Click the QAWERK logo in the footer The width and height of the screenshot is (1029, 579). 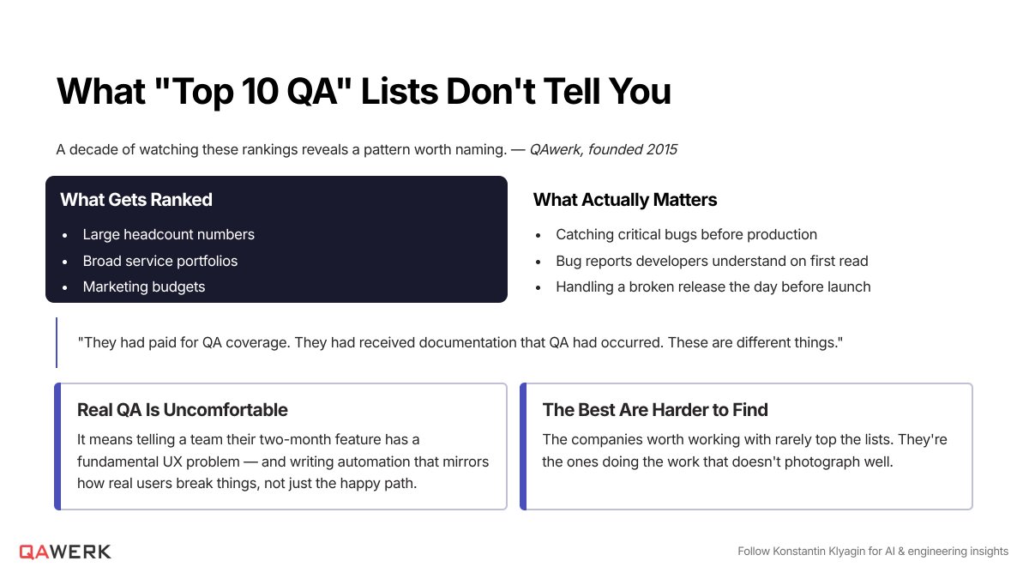click(65, 552)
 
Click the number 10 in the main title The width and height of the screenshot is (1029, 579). click(260, 91)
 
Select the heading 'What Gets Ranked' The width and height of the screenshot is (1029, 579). click(136, 200)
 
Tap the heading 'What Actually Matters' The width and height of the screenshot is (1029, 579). click(625, 200)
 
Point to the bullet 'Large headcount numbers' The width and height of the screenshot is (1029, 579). click(169, 234)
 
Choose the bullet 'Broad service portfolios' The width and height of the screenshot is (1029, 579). click(160, 261)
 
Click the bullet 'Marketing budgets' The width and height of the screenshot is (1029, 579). click(144, 286)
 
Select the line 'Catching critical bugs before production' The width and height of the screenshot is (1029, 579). click(686, 234)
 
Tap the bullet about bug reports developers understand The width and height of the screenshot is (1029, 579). click(712, 261)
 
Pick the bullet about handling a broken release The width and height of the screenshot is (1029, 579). click(713, 286)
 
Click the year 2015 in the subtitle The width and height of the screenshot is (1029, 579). click(661, 149)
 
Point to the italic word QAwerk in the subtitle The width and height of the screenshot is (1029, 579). click(556, 149)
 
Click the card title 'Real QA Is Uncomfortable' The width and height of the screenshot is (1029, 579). click(183, 410)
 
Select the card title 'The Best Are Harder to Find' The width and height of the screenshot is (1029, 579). click(655, 410)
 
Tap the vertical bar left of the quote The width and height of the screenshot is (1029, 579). click(57, 342)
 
